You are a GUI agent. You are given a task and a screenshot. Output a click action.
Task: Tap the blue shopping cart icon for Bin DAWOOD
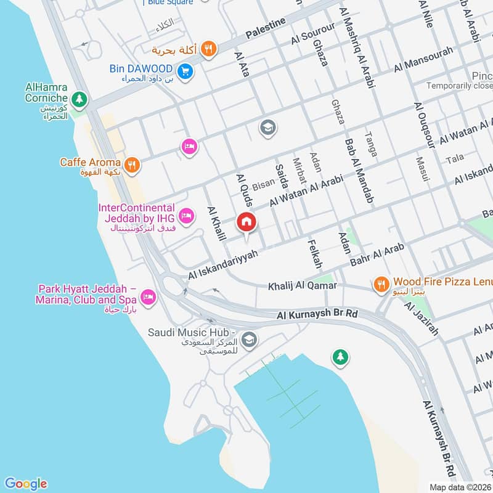(185, 71)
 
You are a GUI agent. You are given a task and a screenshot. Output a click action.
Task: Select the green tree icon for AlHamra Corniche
(79, 99)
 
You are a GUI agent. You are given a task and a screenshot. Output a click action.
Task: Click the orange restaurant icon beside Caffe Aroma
(131, 165)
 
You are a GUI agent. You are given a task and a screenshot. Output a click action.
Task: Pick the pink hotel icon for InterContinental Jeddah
(185, 216)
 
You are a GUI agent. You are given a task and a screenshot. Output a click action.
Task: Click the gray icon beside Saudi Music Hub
(249, 339)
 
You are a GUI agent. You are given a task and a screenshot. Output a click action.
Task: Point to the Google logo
(25, 483)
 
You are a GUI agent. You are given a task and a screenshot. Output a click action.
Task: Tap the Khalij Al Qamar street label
(302, 286)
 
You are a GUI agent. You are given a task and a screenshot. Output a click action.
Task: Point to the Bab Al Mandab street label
(359, 172)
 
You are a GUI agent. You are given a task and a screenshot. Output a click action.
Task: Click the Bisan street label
(263, 185)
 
